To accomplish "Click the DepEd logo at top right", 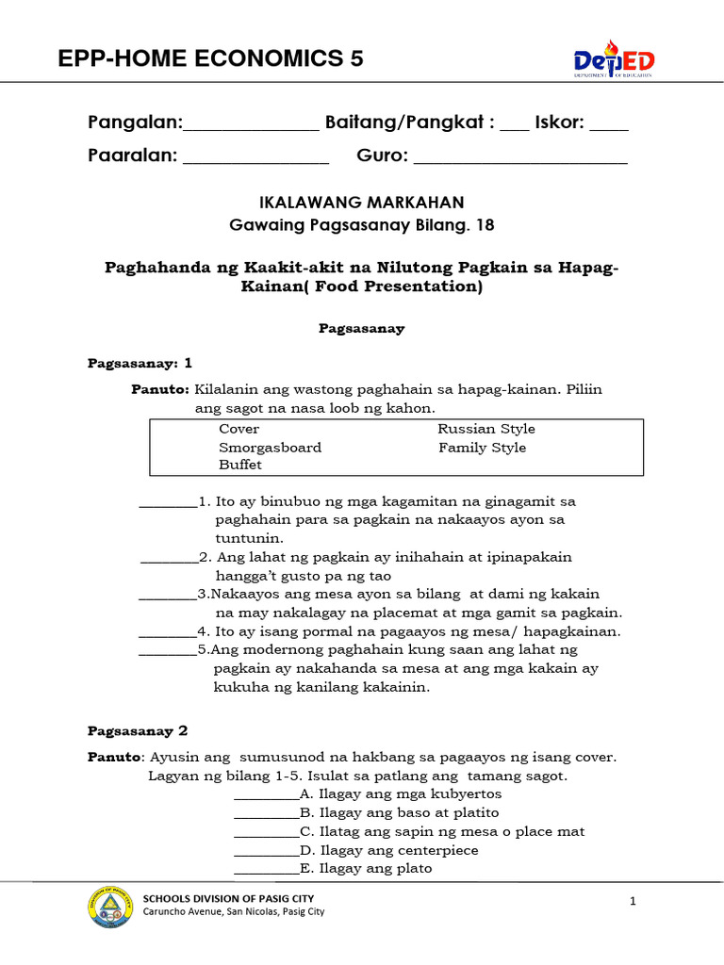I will [614, 60].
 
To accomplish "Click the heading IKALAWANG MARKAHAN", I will [362, 203].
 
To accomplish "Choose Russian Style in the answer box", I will [485, 429].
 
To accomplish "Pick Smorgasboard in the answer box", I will [270, 448].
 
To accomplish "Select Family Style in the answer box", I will [482, 448].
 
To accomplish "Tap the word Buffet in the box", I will [240, 466].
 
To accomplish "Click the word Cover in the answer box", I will [239, 429].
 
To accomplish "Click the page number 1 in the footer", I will [634, 902].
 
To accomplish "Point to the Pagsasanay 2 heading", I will [138, 730].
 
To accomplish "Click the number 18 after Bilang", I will [485, 225].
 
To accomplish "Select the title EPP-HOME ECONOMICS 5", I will [210, 59].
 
